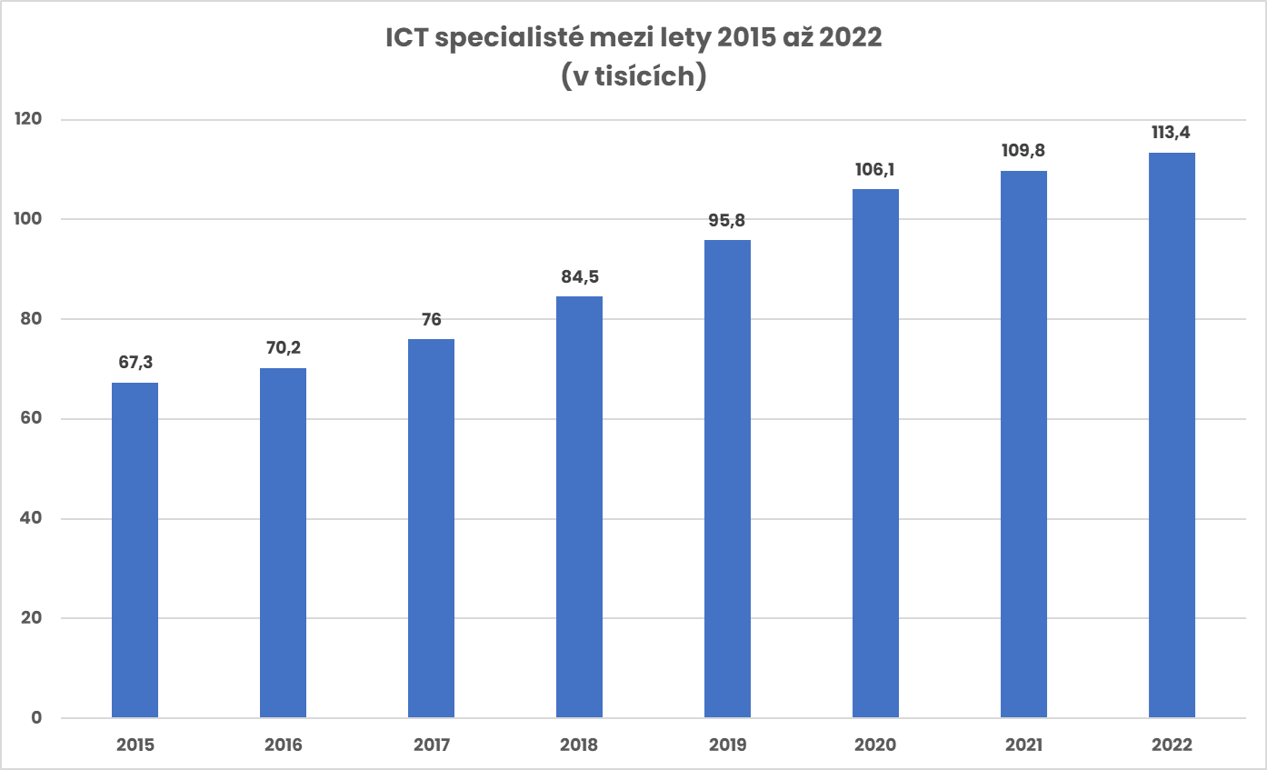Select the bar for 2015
tap(135, 550)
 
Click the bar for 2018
tap(579, 507)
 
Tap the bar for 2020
tap(875, 454)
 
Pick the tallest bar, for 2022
tap(1172, 435)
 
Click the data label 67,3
tap(135, 363)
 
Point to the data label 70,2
tap(284, 348)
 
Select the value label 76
tap(431, 319)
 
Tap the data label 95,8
tap(727, 220)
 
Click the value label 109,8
tap(1023, 151)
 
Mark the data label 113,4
tap(1172, 133)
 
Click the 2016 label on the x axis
tap(284, 745)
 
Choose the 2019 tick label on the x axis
tap(727, 745)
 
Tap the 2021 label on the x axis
tap(1023, 745)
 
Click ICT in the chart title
tap(406, 40)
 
